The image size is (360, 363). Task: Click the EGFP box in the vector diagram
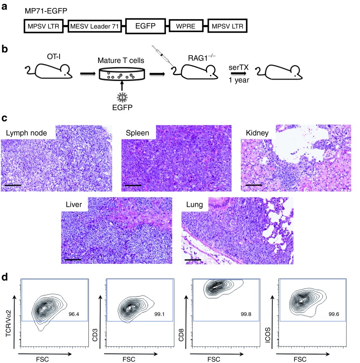pyautogui.click(x=146, y=26)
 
